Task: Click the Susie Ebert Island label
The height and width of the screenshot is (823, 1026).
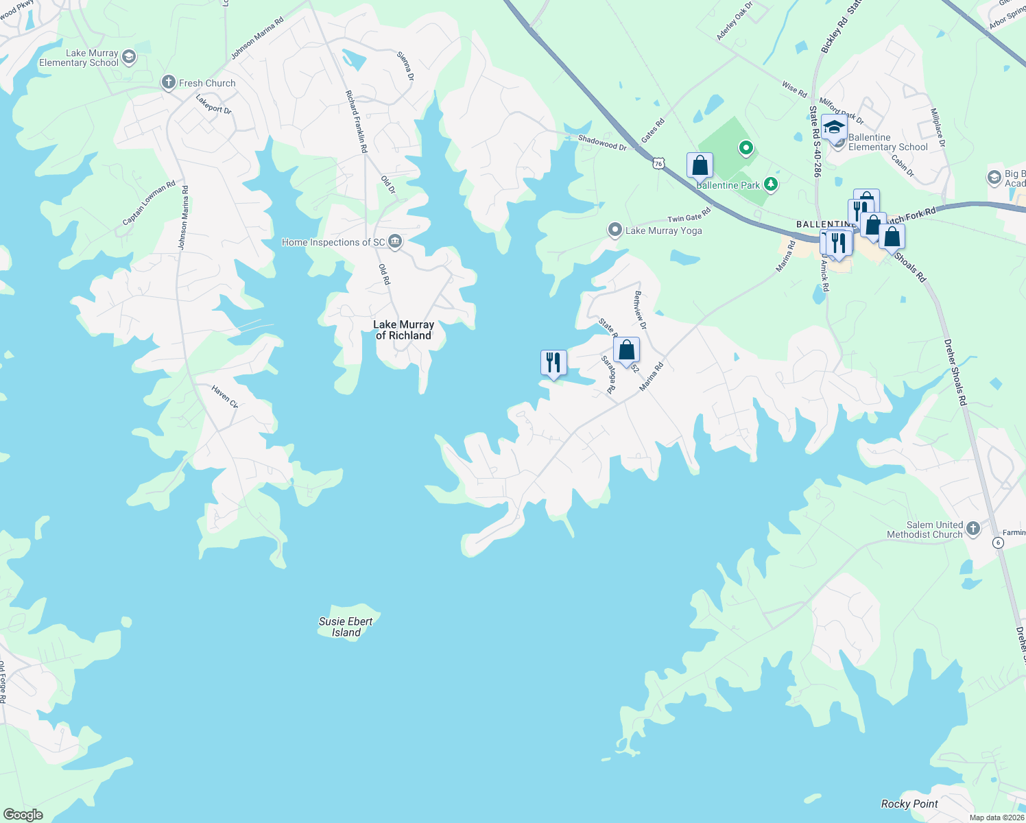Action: pos(346,627)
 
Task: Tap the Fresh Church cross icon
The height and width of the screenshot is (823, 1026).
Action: pos(168,83)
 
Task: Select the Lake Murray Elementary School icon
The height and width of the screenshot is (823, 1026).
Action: pos(129,58)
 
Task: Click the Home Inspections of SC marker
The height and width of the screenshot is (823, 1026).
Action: pos(394,241)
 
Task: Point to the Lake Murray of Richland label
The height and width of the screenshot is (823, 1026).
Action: pos(403,330)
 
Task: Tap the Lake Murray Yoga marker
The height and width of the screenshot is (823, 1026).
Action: pos(615,230)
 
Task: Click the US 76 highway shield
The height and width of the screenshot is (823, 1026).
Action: pos(658,163)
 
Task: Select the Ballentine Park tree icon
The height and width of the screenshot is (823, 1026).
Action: pos(771,184)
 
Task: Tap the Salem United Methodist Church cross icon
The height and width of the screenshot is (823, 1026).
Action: pos(973,528)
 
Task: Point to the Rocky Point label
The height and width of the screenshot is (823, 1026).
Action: pos(909,804)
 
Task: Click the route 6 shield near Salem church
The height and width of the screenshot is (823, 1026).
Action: pos(998,542)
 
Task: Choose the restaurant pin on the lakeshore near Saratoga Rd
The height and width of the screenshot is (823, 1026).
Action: pos(553,363)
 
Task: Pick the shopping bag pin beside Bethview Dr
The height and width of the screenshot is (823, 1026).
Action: pos(626,350)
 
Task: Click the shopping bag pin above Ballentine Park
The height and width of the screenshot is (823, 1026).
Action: pos(700,166)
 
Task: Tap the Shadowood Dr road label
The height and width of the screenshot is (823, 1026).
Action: pos(602,143)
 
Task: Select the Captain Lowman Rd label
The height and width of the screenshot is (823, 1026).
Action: pos(149,203)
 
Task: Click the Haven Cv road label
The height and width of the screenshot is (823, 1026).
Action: pos(224,397)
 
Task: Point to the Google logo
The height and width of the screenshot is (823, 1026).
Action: pos(23,814)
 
